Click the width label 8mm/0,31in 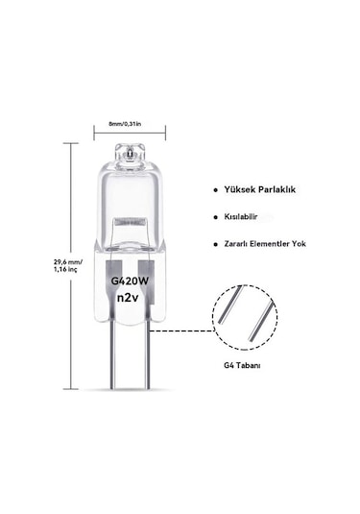pos(125,124)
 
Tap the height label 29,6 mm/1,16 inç pos(68,265)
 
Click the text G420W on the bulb pos(130,281)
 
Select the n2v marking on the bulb pos(129,297)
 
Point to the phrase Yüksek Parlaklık pos(260,189)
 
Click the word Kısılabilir pos(241,217)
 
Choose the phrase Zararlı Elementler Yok pos(265,244)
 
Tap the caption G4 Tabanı pos(242,365)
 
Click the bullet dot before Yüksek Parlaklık pos(215,190)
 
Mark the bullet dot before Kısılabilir pos(215,217)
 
